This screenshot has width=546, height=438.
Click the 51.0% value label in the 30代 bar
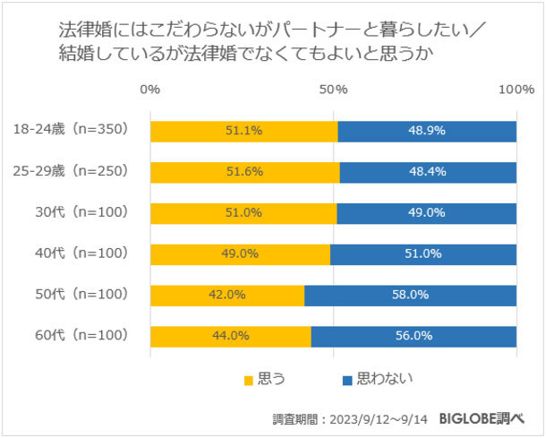coord(243,213)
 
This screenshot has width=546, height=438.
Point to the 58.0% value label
coord(411,295)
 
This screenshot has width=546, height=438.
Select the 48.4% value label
coord(428,172)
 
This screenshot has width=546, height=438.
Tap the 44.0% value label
coord(231,336)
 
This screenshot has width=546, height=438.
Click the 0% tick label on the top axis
coord(150,90)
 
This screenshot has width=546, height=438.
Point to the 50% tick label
coord(334,90)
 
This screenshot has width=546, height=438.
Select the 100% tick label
coord(516,90)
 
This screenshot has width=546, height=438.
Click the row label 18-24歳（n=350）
coord(72,130)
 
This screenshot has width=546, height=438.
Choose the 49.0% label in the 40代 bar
coord(240,253)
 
